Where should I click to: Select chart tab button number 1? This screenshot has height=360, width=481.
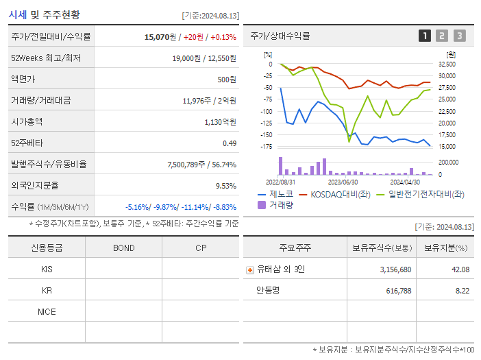425,36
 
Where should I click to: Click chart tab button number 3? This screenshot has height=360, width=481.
459,36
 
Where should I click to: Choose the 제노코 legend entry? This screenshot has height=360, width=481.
275,194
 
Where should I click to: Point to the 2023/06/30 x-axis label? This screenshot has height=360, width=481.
343,182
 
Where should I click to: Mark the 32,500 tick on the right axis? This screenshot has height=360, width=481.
446,64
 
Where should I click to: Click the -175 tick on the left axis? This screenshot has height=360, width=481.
266,146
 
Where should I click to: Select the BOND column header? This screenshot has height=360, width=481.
123,248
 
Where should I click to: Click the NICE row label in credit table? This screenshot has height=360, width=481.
47,311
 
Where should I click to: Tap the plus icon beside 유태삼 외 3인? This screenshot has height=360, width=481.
250,269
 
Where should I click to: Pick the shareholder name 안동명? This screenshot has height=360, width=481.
269,291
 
